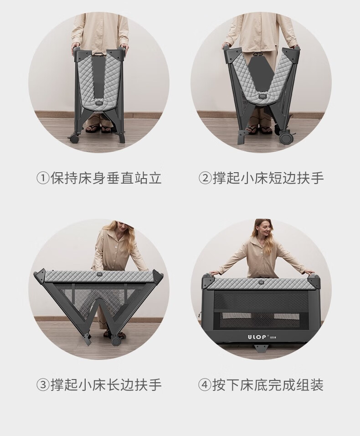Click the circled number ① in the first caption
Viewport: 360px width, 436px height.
pyautogui.click(x=43, y=178)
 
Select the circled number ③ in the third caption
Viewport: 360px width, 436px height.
pyautogui.click(x=43, y=385)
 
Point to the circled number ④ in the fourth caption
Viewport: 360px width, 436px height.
pyautogui.click(x=205, y=385)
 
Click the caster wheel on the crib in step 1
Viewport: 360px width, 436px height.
pyautogui.click(x=73, y=138)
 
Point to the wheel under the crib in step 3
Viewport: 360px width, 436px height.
pyautogui.click(x=116, y=341)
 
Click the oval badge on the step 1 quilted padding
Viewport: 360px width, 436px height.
pyautogui.click(x=99, y=103)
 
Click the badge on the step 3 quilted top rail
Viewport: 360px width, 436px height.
pyautogui.click(x=98, y=274)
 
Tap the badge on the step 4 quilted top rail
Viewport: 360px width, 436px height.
pyautogui.click(x=261, y=282)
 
